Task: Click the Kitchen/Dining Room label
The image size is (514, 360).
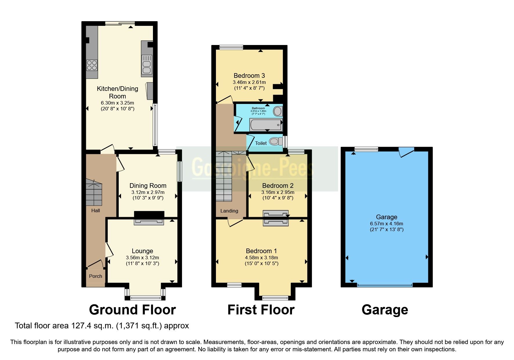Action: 117,92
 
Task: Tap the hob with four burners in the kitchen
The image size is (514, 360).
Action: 92,65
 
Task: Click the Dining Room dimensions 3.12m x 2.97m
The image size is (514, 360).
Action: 148,192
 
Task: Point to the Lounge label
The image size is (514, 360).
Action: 142,251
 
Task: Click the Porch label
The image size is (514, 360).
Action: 95,276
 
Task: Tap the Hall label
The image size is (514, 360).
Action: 95,210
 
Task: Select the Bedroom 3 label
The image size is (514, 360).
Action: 249,75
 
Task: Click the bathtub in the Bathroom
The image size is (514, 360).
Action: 266,125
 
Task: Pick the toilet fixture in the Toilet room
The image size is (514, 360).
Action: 276,142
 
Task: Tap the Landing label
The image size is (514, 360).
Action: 229,211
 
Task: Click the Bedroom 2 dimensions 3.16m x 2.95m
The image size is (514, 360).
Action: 278,192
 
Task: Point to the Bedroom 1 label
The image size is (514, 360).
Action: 261,251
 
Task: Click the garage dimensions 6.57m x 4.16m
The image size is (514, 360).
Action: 386,224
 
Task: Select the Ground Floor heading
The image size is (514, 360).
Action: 132,310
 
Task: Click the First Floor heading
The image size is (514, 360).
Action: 261,310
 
